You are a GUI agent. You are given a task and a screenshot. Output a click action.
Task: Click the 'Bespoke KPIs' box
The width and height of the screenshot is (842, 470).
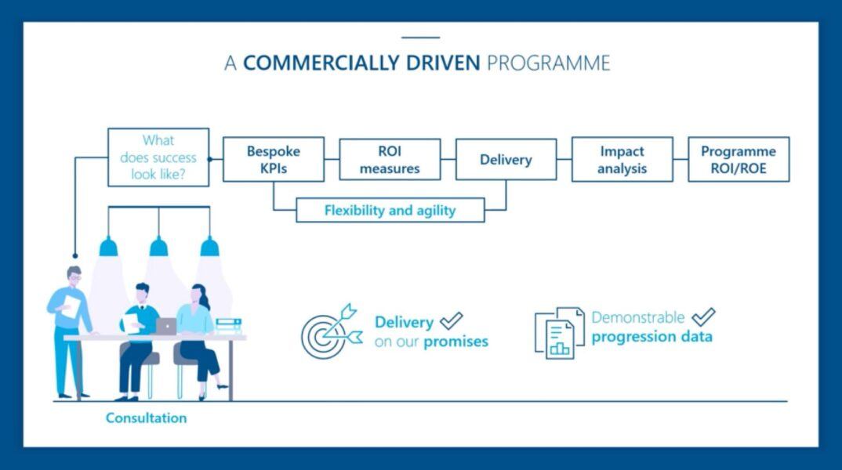point(273,160)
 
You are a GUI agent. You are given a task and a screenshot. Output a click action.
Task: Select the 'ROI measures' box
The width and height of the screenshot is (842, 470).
point(390,160)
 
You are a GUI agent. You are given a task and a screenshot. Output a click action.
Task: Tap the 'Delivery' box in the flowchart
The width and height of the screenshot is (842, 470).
point(506,160)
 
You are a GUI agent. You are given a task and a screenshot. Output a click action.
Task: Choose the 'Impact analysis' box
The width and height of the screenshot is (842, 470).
point(622,160)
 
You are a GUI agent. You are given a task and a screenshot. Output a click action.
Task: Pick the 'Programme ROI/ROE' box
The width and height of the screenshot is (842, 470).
point(739,160)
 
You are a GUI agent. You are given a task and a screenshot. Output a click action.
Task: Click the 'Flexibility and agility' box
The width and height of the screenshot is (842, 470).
point(390,210)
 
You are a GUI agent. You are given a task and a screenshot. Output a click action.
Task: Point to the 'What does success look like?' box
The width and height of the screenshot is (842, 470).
point(158,157)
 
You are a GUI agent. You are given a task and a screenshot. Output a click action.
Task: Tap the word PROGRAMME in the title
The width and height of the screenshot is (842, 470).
point(548,63)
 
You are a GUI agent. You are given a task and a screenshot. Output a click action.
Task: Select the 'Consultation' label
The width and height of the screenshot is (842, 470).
point(147,418)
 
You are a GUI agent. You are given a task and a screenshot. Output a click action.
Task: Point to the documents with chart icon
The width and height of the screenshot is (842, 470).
point(559,333)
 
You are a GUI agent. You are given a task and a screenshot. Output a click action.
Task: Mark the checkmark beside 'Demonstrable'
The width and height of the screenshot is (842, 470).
point(703,317)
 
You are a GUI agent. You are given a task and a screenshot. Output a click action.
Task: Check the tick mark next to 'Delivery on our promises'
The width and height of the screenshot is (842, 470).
point(451,320)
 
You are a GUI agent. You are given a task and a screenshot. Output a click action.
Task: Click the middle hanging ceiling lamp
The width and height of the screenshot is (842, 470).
point(159,248)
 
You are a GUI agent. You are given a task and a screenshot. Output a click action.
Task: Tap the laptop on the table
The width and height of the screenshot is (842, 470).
point(166,327)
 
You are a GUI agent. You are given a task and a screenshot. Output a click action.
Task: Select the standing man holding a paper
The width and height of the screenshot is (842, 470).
point(71,329)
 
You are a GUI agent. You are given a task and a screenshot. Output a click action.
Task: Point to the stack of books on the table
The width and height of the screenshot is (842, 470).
point(228,326)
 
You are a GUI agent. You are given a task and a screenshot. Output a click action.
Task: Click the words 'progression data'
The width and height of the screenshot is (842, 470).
point(652,338)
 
